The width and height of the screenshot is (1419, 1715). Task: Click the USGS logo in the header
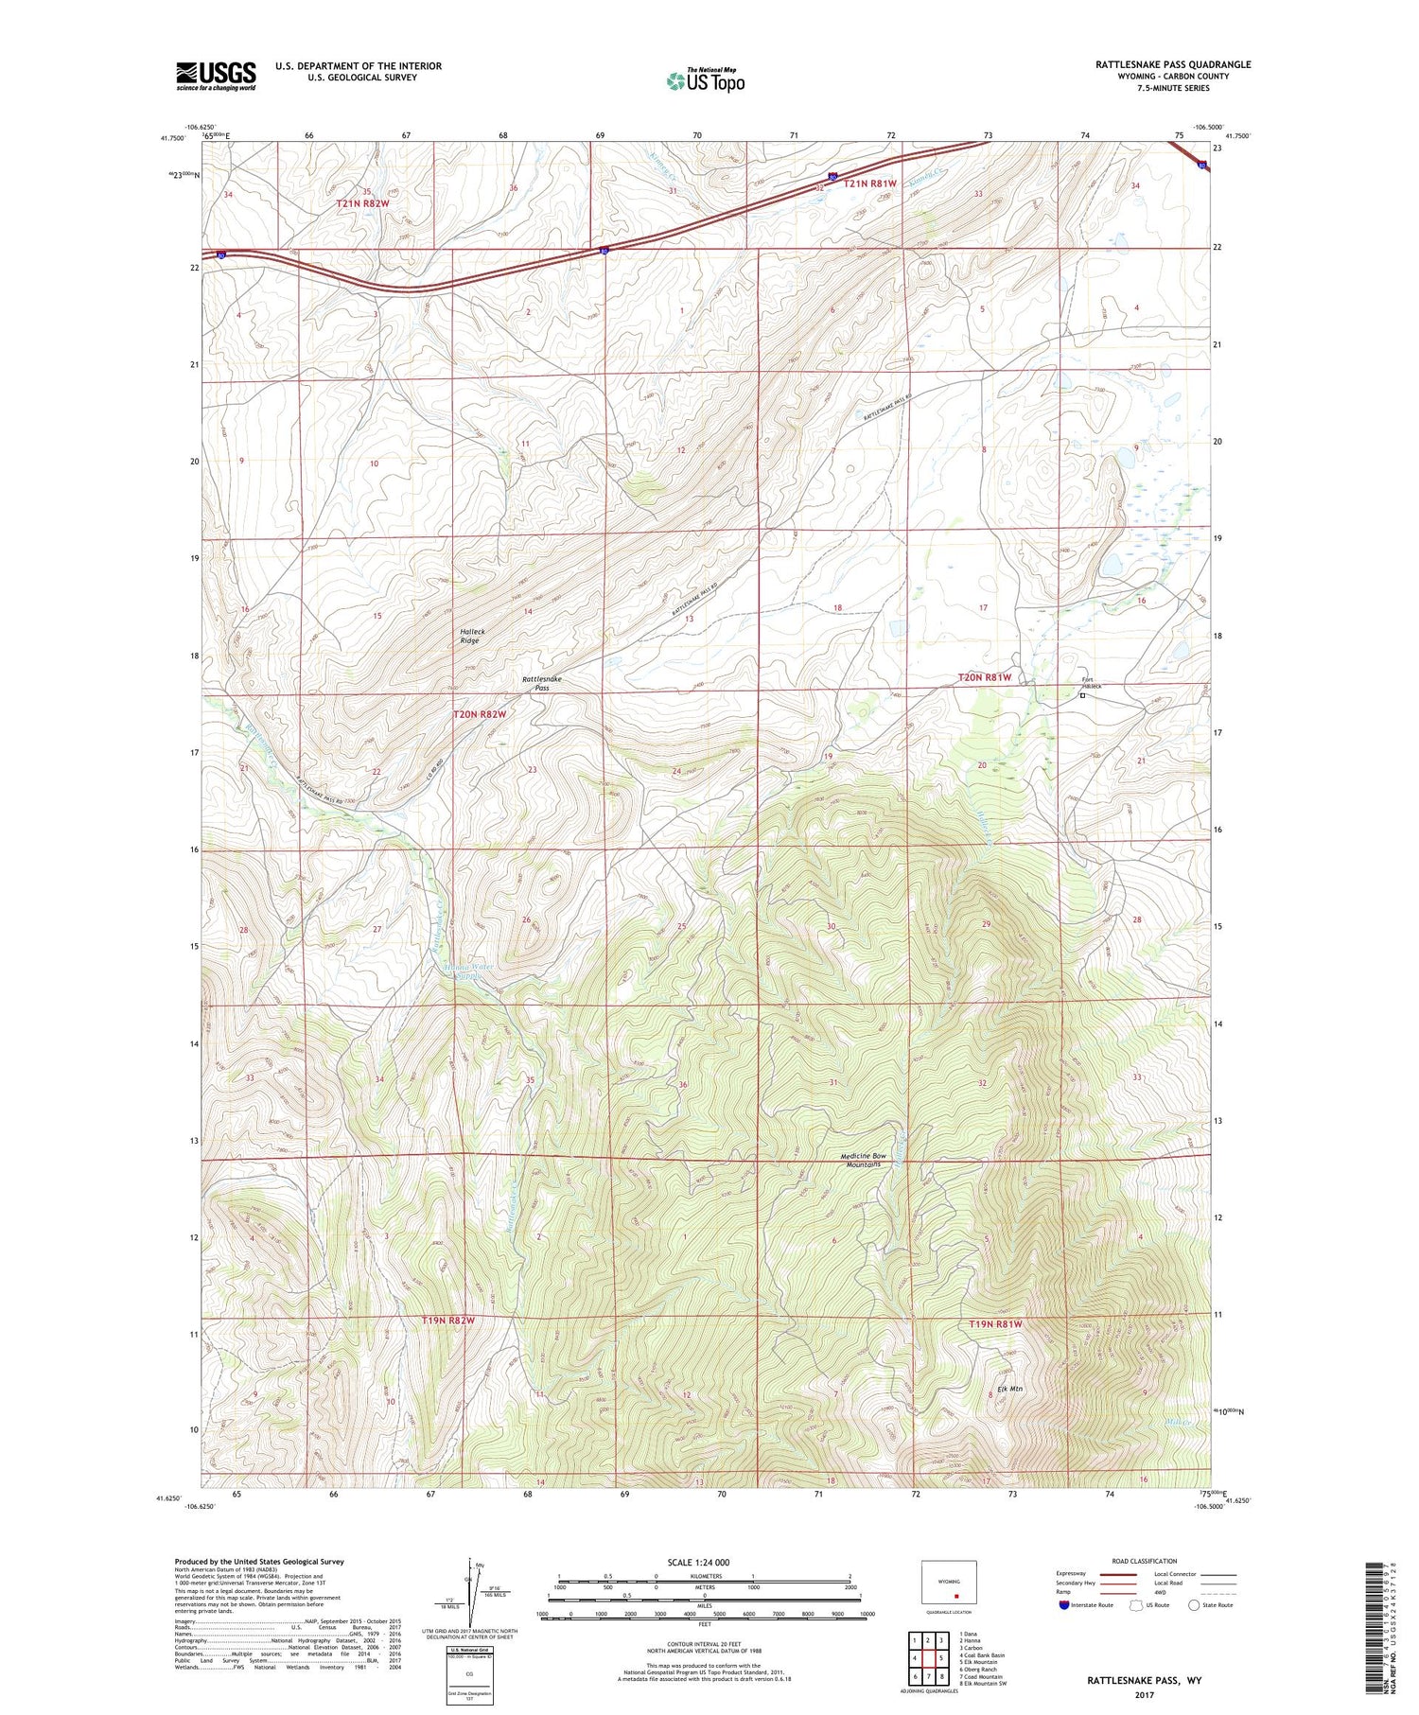[216, 75]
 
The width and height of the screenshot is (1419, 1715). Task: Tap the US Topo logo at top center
[705, 80]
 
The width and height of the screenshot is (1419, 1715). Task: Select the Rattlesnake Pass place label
[542, 683]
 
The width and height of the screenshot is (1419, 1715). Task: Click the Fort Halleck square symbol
[1082, 696]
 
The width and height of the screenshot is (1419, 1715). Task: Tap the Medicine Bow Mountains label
[864, 1160]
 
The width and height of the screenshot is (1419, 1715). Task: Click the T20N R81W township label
[984, 677]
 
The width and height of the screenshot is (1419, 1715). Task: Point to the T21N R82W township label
[362, 203]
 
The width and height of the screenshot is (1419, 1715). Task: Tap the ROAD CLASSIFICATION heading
[1145, 1561]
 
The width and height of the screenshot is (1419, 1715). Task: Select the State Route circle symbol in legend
[1194, 1604]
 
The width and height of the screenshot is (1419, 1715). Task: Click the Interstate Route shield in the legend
[1063, 1604]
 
